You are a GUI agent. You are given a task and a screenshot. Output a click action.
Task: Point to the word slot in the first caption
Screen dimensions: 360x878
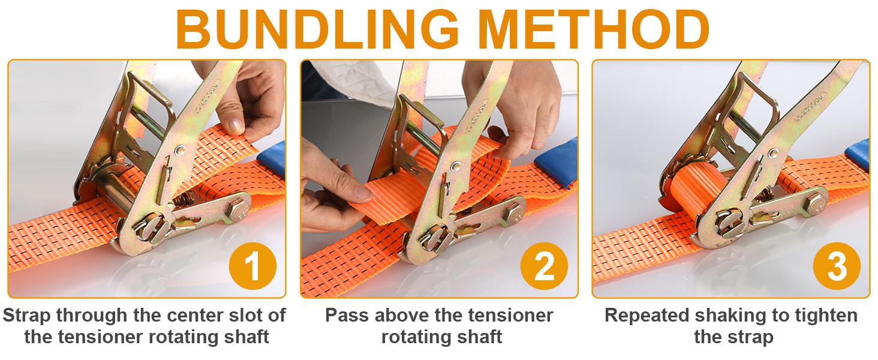point(245,315)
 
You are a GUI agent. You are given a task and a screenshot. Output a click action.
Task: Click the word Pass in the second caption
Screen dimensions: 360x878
point(346,315)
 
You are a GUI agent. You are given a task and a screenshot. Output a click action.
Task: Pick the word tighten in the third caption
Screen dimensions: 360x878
point(826,315)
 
